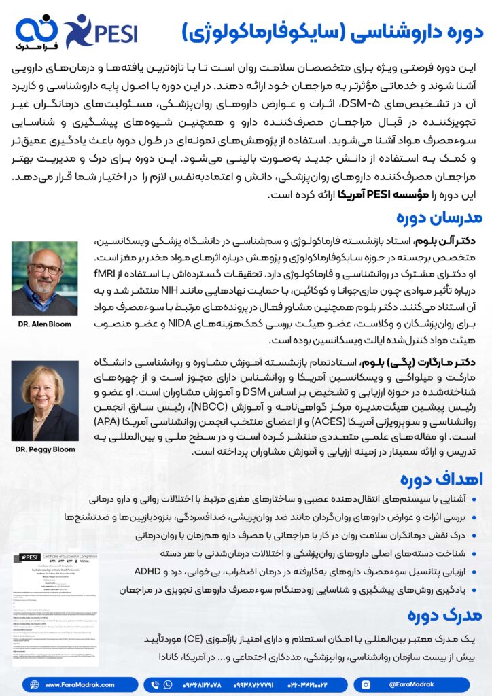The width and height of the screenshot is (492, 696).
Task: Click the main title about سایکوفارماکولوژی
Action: click(332, 32)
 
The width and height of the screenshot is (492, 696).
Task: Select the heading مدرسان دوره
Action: click(439, 218)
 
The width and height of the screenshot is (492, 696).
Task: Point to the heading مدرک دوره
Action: click(445, 614)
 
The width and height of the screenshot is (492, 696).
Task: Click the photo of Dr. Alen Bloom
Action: click(45, 278)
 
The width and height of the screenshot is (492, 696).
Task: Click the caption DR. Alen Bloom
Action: click(45, 324)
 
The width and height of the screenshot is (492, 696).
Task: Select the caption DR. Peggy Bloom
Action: click(45, 450)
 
